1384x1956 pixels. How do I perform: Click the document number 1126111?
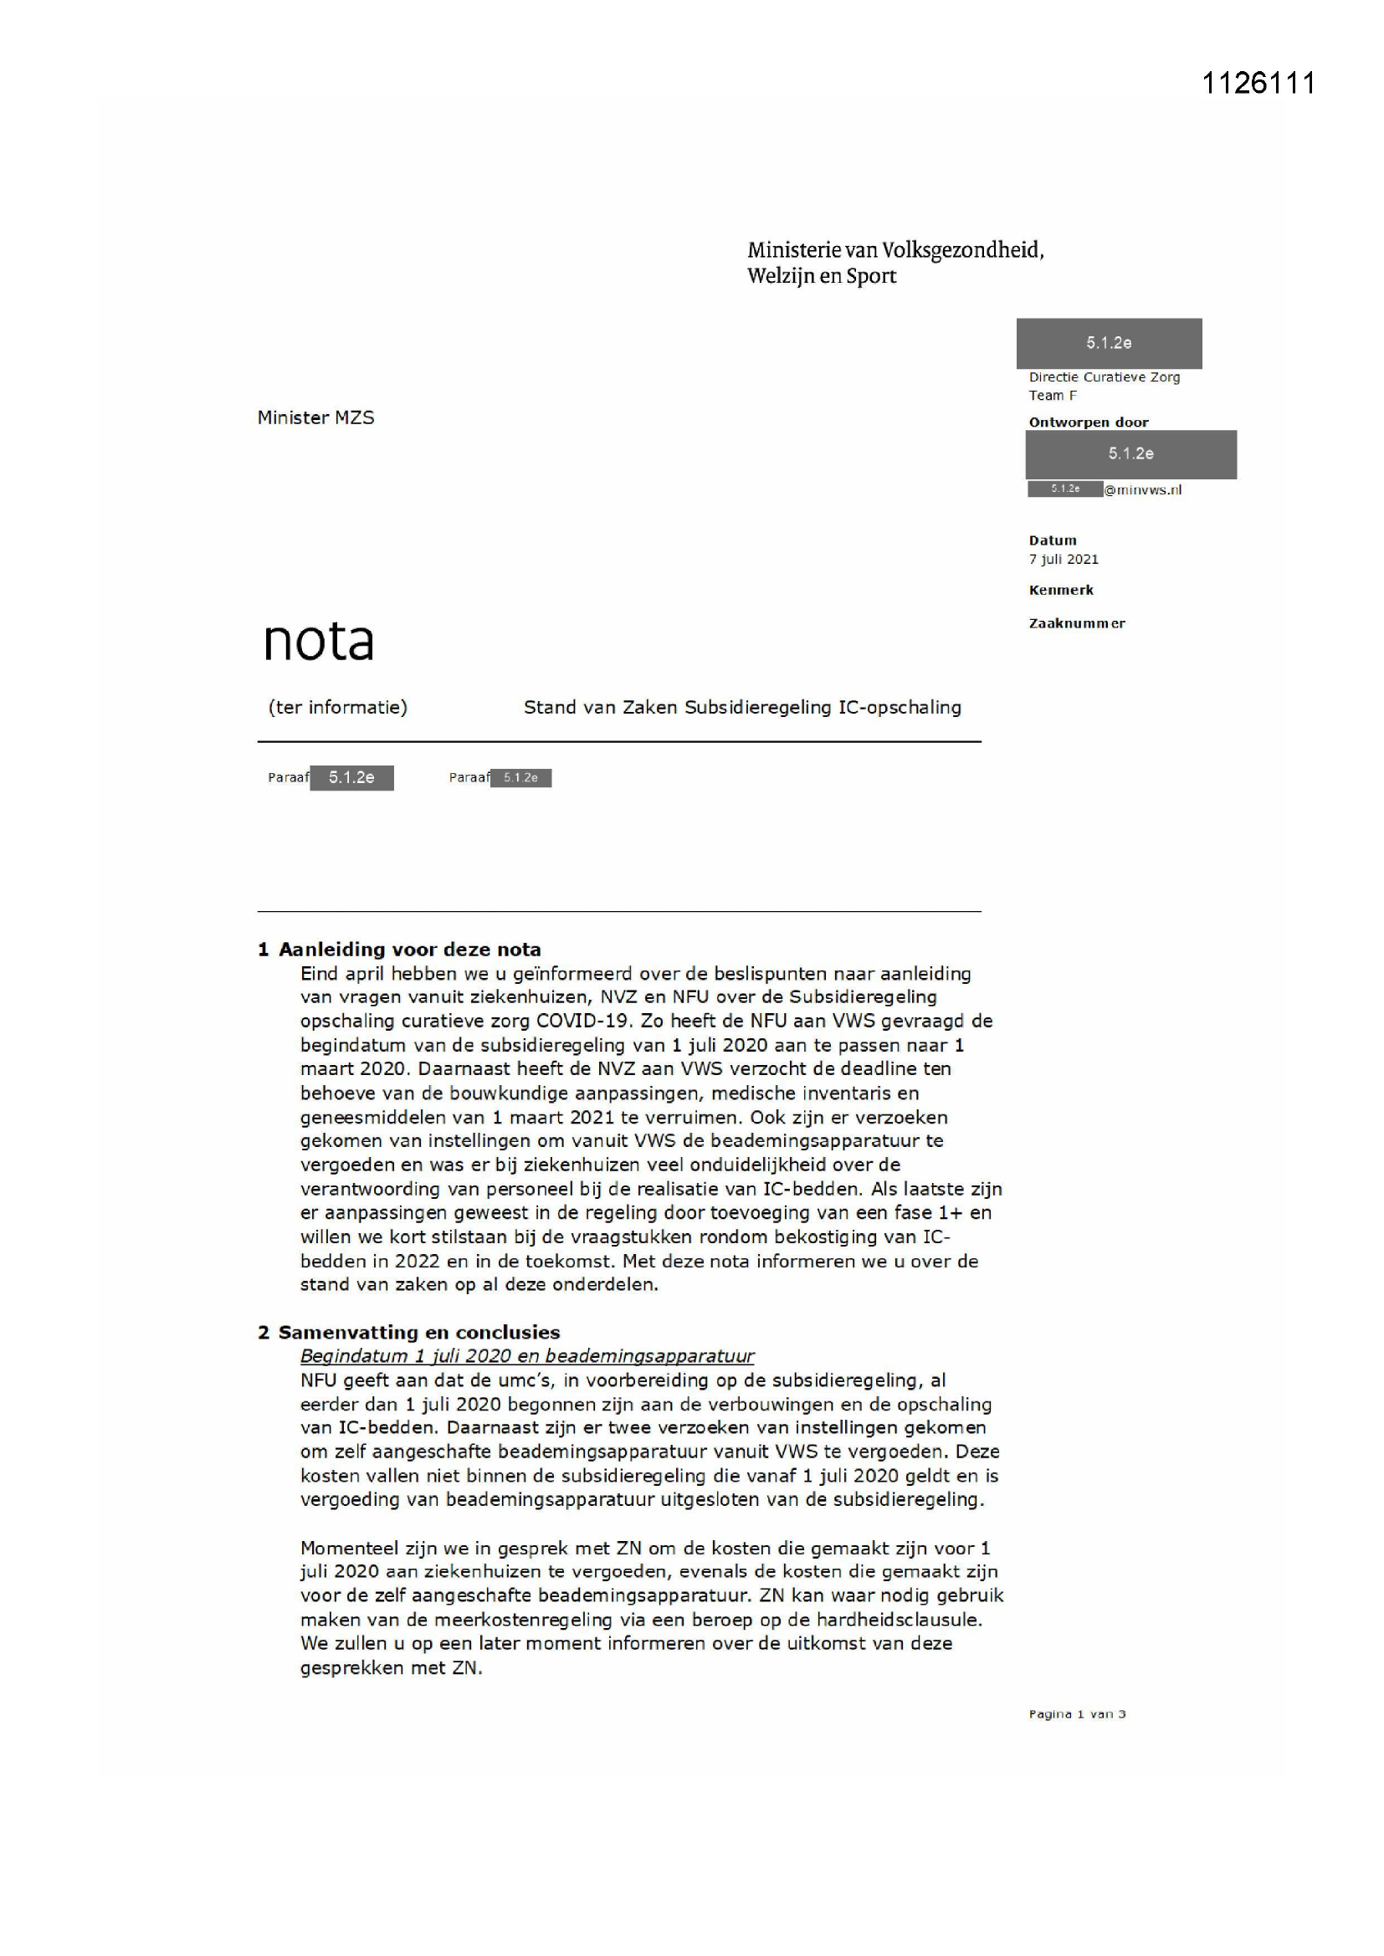click(x=1258, y=84)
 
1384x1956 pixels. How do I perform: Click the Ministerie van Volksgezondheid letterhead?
click(x=894, y=263)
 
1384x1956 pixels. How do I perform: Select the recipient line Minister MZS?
click(x=315, y=417)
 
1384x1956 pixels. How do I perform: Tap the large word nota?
click(x=318, y=642)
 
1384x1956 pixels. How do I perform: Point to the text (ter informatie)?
click(x=337, y=707)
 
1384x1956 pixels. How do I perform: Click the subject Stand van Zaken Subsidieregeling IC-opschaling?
click(x=741, y=707)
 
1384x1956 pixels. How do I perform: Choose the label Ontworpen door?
click(x=1089, y=422)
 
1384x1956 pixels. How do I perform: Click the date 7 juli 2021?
click(x=1063, y=559)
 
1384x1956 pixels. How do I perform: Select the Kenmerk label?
click(x=1060, y=590)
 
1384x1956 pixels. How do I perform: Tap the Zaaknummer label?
click(x=1076, y=623)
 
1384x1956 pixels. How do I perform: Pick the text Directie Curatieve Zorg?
click(x=1104, y=376)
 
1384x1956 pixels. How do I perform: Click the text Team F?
click(x=1053, y=395)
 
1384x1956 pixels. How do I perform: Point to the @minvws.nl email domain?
click(x=1143, y=490)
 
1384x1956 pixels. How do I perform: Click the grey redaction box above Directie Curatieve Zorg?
click(x=1109, y=343)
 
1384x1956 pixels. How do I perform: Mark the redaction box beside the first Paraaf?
click(x=351, y=778)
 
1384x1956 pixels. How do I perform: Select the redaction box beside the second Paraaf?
click(x=520, y=778)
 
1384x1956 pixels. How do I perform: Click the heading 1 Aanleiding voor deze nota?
click(x=399, y=949)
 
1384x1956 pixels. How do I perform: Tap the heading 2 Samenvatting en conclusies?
click(x=408, y=1333)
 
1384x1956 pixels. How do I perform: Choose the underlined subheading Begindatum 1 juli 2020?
click(x=526, y=1356)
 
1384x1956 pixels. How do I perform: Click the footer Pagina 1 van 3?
click(x=1076, y=1714)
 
